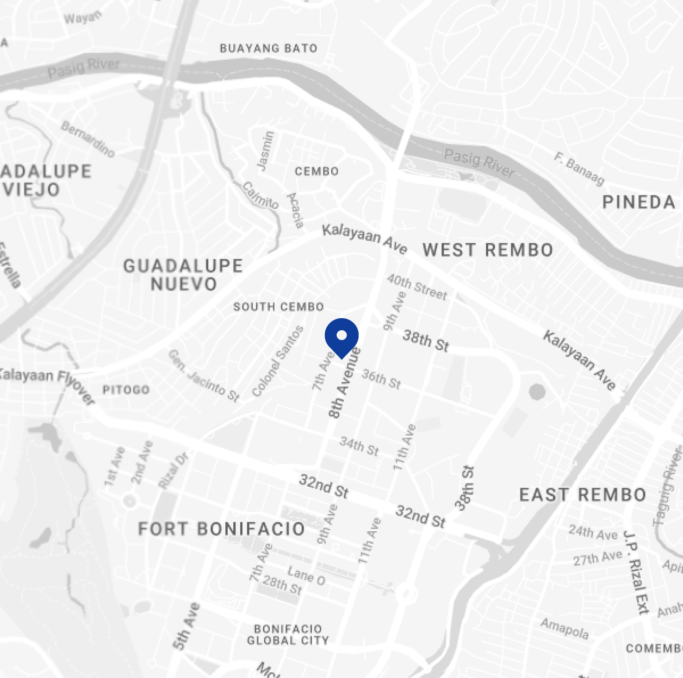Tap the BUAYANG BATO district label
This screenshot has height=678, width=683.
[268, 48]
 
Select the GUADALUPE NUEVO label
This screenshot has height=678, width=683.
[183, 275]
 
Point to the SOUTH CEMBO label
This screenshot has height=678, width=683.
[279, 307]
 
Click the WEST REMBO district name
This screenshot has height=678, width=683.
[488, 250]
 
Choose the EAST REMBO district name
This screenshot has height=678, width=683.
[583, 495]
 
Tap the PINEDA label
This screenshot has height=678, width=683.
[639, 202]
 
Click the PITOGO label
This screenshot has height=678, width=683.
[126, 389]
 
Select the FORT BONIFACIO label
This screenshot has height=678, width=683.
[221, 529]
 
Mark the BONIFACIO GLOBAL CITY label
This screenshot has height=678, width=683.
[288, 634]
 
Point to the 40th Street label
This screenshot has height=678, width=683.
[417, 287]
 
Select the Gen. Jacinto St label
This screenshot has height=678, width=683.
[204, 376]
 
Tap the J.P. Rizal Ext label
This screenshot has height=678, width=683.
[636, 572]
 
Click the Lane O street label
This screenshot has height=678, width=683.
[306, 575]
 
